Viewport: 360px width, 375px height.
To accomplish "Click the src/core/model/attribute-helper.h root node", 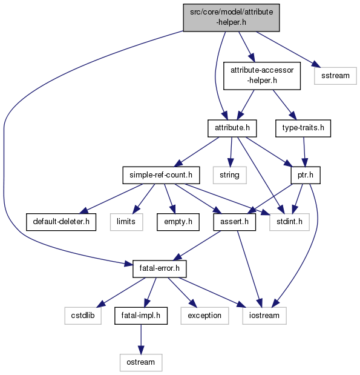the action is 231,18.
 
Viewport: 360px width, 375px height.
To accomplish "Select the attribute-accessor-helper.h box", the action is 262,76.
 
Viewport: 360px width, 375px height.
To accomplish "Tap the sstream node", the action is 335,76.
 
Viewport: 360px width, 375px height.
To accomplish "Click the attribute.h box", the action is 232,128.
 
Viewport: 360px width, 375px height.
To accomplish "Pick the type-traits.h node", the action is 303,128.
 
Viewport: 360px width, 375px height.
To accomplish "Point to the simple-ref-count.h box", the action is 161,175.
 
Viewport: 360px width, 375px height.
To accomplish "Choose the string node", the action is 229,175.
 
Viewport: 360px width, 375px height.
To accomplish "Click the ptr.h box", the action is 306,175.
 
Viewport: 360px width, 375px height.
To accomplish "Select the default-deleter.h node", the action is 61,222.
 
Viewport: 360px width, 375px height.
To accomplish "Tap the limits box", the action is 126,222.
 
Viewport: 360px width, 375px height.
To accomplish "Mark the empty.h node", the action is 178,222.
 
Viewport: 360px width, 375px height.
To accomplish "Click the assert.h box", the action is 234,222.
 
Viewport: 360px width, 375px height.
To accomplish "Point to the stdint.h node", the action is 290,222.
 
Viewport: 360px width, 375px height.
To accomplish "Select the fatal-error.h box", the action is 160,269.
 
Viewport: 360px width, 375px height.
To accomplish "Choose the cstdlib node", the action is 83,316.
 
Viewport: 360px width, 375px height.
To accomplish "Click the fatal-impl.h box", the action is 141,316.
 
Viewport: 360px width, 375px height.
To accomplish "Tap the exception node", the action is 205,316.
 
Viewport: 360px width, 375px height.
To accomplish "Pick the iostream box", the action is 264,316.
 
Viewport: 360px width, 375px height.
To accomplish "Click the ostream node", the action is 141,362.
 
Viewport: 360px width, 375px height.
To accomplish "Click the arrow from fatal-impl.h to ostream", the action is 141,339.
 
